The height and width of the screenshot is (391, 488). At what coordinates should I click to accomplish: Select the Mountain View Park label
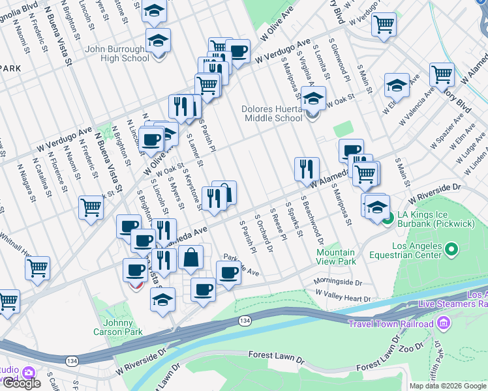click(x=336, y=256)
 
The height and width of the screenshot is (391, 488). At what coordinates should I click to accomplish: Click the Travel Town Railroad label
click(x=391, y=324)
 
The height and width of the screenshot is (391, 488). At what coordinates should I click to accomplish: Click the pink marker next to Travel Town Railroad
click(x=444, y=323)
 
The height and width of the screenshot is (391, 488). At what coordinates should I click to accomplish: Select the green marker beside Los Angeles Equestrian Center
click(x=451, y=250)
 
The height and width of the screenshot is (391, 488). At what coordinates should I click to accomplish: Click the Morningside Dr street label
click(x=337, y=282)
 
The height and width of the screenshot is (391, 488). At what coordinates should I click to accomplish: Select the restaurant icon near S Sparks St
click(x=306, y=169)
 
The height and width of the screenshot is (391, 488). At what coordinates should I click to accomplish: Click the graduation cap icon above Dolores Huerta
click(x=313, y=98)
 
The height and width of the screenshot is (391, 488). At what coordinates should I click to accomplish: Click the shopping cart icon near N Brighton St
click(x=91, y=207)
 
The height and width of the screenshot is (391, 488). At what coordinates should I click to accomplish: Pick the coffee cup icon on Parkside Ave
click(x=228, y=272)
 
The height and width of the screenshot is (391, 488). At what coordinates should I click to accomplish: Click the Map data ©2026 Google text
click(x=448, y=386)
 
